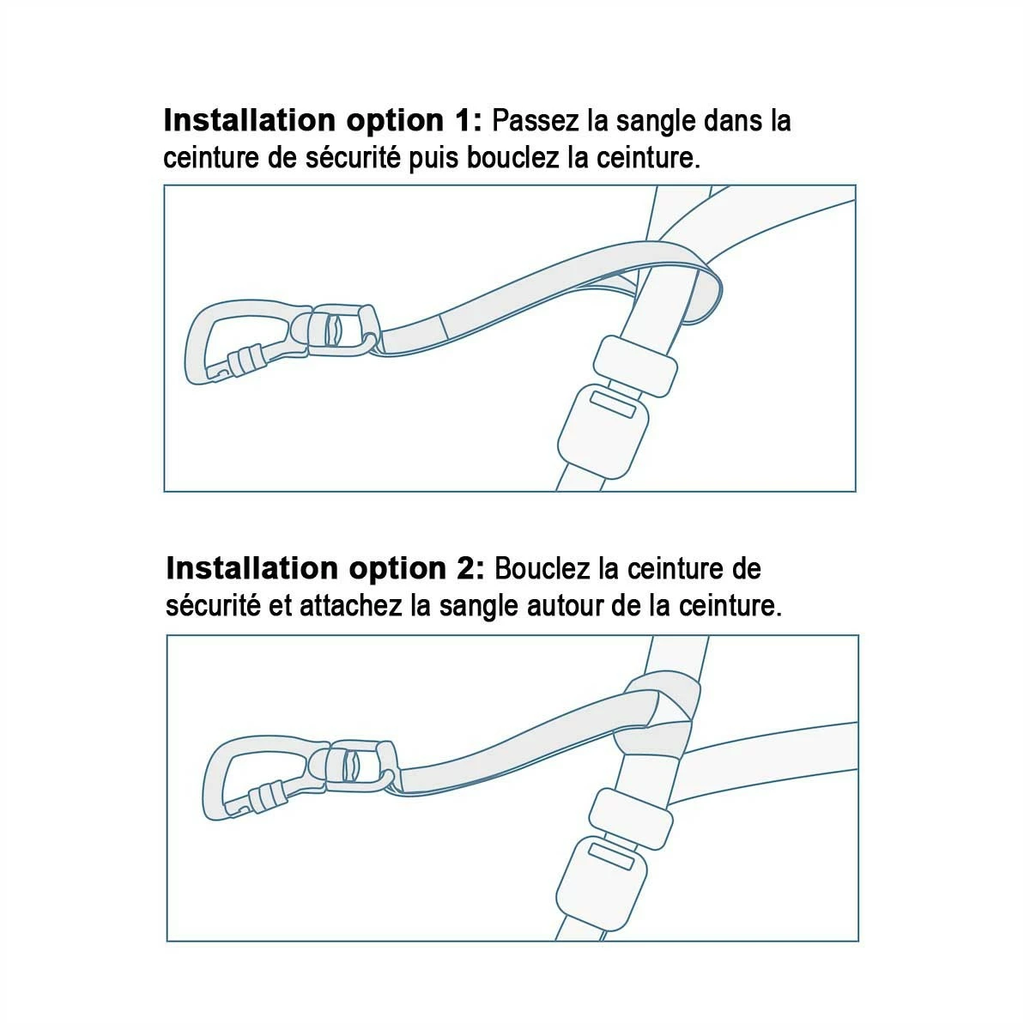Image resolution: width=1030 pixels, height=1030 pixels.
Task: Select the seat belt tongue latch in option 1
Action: click(x=635, y=366)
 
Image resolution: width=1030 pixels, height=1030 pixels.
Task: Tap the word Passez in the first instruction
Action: click(x=536, y=121)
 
